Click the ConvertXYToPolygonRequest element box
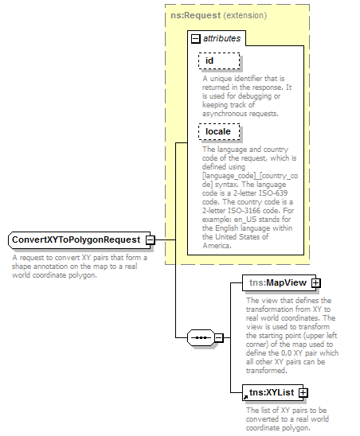[x=75, y=239]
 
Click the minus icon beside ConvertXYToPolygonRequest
[x=150, y=239]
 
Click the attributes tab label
[x=221, y=37]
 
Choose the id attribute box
[x=218, y=60]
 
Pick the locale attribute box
[x=218, y=131]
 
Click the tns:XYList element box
[x=271, y=392]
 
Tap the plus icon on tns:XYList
[x=303, y=392]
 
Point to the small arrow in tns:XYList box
[x=246, y=396]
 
